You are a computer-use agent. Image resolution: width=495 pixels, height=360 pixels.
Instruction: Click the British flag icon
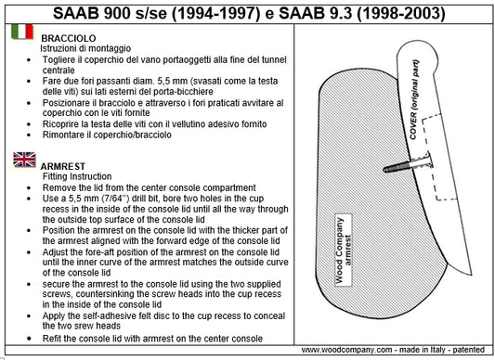pyautogui.click(x=22, y=161)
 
